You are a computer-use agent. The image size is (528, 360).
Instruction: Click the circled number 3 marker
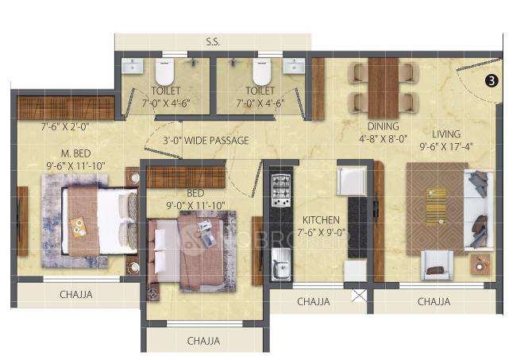click(491, 80)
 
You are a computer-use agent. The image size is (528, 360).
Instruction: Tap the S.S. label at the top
click(212, 42)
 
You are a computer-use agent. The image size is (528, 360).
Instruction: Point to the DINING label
click(383, 126)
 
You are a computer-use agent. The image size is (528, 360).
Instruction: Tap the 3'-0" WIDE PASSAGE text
click(197, 141)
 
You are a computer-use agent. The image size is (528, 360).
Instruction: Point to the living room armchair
click(437, 264)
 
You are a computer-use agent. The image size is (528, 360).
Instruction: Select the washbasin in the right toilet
click(295, 66)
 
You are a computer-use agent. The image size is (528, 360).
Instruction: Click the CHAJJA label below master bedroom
click(76, 295)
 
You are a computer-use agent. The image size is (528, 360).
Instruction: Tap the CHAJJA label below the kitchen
click(314, 302)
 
